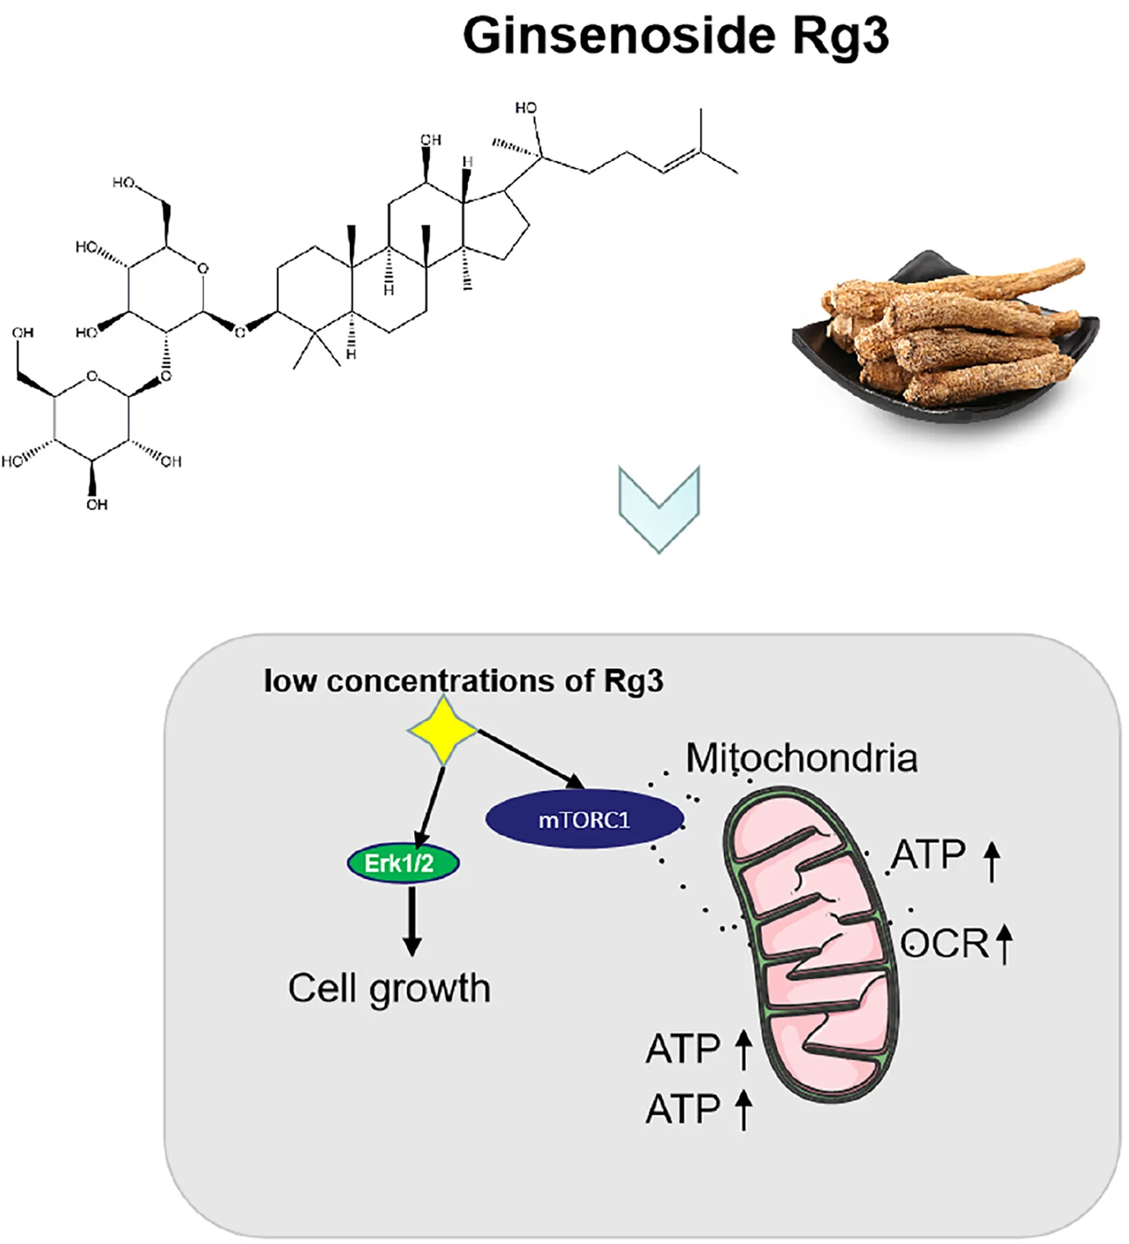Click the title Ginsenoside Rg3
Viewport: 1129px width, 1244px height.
pyautogui.click(x=675, y=36)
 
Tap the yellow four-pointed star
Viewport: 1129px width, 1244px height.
pyautogui.click(x=442, y=730)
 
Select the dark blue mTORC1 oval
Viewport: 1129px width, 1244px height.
pyautogui.click(x=584, y=819)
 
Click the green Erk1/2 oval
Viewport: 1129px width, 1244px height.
pyautogui.click(x=403, y=864)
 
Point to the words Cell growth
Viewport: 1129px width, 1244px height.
pyautogui.click(x=389, y=989)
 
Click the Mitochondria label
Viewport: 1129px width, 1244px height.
pyautogui.click(x=801, y=758)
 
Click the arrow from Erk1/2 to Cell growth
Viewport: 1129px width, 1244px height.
pyautogui.click(x=412, y=920)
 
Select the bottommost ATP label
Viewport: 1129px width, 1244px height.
pyautogui.click(x=682, y=1109)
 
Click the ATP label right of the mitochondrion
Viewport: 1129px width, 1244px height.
pyautogui.click(x=928, y=855)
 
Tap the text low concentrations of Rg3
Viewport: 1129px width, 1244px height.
pyautogui.click(x=463, y=681)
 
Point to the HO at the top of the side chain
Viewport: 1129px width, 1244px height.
pyautogui.click(x=526, y=108)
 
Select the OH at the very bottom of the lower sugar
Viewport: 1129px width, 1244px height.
pyautogui.click(x=97, y=504)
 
